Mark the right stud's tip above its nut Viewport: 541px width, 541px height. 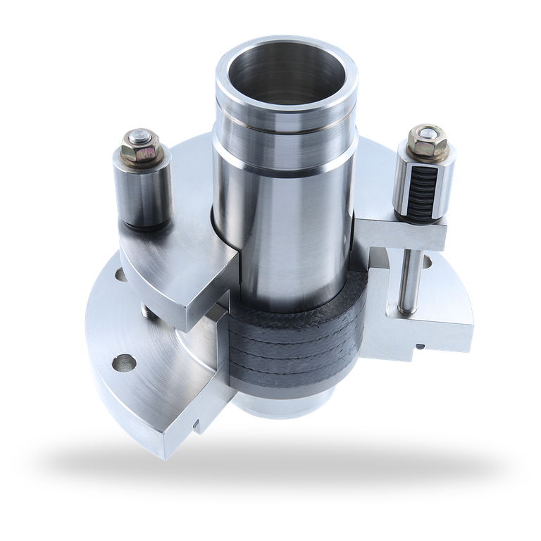pyautogui.click(x=428, y=132)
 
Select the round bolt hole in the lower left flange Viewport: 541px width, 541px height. pyautogui.click(x=125, y=363)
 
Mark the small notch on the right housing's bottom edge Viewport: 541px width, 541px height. pyautogui.click(x=420, y=346)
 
